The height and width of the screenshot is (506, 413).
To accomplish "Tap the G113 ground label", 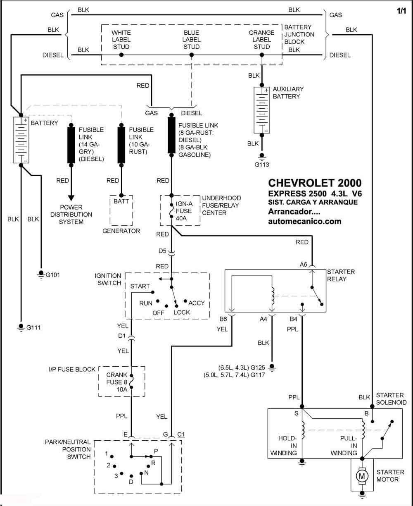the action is (262, 165).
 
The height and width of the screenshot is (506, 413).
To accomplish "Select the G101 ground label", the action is (53, 275).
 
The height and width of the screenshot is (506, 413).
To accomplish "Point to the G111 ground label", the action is (33, 327).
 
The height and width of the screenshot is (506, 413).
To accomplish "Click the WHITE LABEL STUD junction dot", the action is (121, 55).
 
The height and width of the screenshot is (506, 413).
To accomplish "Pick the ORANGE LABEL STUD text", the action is (262, 40).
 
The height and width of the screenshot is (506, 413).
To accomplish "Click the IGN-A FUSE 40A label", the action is (184, 211).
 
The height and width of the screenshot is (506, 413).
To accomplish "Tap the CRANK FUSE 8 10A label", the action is (117, 382).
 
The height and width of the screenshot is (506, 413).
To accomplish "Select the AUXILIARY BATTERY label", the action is (288, 93).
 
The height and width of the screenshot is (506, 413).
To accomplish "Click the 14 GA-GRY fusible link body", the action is (71, 145).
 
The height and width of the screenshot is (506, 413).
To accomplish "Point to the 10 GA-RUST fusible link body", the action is (121, 145).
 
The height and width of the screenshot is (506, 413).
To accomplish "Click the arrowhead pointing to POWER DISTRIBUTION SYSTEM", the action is (71, 198).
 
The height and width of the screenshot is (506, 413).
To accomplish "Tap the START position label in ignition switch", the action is (140, 286).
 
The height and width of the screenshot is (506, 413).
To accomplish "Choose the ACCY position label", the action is (197, 303).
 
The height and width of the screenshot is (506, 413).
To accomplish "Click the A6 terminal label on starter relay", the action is (304, 265).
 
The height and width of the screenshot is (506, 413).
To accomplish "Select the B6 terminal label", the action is (223, 319).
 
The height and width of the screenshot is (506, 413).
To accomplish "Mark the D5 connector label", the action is (162, 251).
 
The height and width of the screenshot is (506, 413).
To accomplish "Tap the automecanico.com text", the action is (305, 221).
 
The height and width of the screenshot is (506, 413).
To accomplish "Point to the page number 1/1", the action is (401, 11).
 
